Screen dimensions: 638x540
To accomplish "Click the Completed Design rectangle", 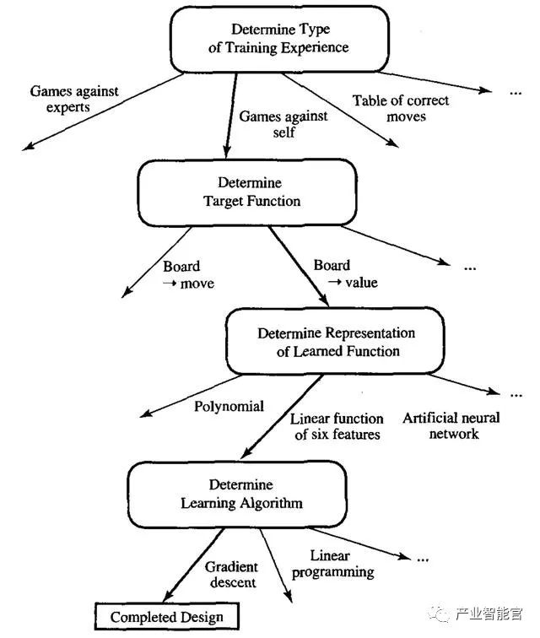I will (x=167, y=617).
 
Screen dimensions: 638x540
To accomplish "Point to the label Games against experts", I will (x=74, y=99).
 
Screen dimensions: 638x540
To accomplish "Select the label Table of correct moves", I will (x=401, y=108).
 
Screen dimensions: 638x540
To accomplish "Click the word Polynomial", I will (x=229, y=406).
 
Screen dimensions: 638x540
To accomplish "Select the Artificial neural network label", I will (x=451, y=425).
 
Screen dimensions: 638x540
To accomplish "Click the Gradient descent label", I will (x=230, y=575).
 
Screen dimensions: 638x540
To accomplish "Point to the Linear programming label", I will (x=330, y=565).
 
